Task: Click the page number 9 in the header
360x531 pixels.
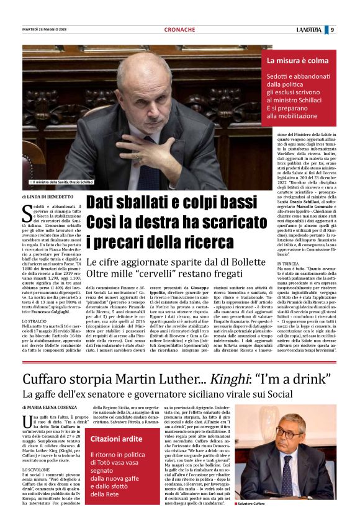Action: [x=332, y=30]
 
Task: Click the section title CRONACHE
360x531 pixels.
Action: [x=179, y=30]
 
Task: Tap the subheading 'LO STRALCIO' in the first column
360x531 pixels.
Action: [x=34, y=321]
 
